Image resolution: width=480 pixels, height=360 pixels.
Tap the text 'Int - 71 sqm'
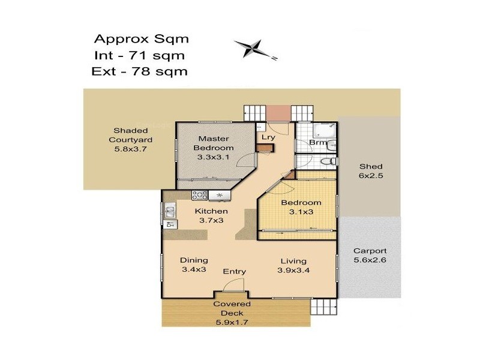coord(139,56)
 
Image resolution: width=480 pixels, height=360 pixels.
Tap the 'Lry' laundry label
coord(268,137)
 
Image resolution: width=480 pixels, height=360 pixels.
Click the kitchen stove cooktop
coord(200,194)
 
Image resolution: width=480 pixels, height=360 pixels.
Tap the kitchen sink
coord(170,211)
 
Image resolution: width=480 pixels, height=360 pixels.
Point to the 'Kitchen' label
coord(211,211)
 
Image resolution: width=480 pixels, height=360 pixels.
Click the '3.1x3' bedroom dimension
coord(301,212)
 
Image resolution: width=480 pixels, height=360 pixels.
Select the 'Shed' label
coord(370,166)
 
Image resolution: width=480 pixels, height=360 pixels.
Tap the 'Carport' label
coord(370,251)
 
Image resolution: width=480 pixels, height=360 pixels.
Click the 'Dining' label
coord(194,260)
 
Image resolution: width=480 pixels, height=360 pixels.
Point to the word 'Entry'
coord(235,271)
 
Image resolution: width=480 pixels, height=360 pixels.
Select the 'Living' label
coord(292,261)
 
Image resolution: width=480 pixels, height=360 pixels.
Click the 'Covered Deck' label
coord(233,308)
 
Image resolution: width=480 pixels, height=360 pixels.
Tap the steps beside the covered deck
coord(322,306)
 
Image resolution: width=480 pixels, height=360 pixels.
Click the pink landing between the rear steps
coord(278,112)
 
